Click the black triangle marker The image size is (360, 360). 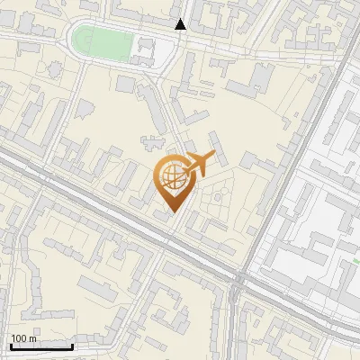tap(181, 24)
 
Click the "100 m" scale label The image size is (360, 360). tap(23, 338)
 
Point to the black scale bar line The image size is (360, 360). tap(41, 346)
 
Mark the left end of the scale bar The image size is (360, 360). tap(11, 346)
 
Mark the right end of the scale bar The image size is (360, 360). tap(72, 346)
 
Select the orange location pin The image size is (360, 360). tap(171, 184)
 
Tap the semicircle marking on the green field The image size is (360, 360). tap(78, 40)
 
